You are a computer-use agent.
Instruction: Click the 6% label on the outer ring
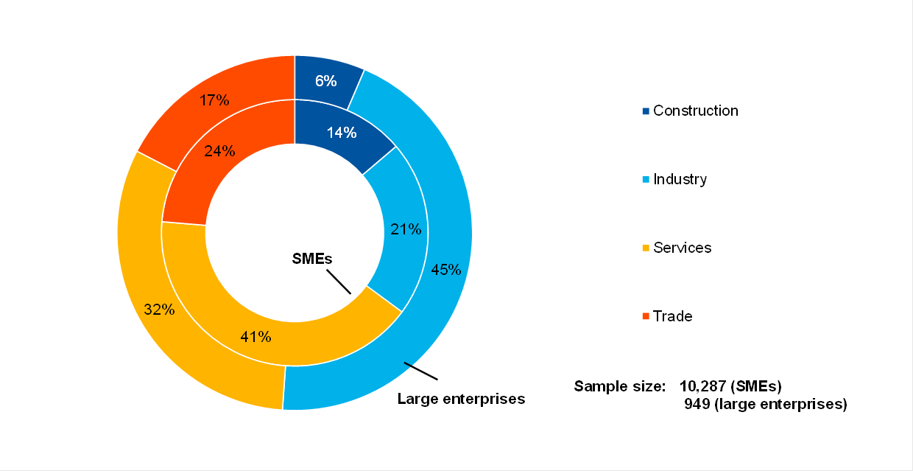tap(326, 81)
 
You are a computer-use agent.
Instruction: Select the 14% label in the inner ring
tap(342, 133)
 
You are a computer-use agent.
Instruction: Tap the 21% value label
tap(406, 229)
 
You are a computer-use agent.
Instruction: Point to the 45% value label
tap(446, 270)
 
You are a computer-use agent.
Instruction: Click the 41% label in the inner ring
tap(255, 337)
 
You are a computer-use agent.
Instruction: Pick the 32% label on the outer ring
tap(159, 310)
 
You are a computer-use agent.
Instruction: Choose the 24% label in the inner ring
tap(219, 151)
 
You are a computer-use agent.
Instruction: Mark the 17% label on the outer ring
tap(214, 100)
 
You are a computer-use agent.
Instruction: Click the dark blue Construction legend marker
tap(646, 111)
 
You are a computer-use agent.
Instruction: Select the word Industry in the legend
tap(680, 179)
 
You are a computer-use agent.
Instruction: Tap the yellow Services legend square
tap(646, 248)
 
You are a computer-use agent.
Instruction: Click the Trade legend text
tap(672, 316)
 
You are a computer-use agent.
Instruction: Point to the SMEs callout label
tap(312, 259)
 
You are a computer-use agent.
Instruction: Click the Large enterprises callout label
tap(461, 399)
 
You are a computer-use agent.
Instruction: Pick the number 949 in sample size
tap(696, 404)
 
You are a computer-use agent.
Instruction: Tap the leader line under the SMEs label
tap(338, 282)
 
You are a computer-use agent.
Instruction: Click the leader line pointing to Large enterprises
tap(420, 371)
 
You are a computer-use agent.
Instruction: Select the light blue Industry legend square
tap(646, 180)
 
